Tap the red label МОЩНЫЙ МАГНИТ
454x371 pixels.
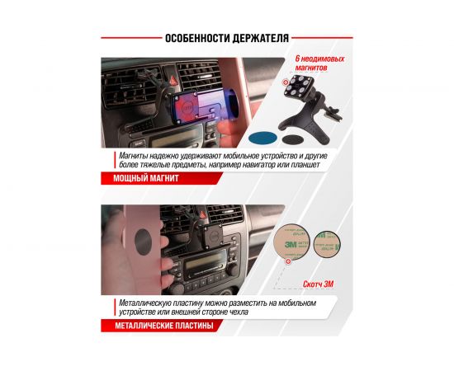pyautogui.click(x=146, y=178)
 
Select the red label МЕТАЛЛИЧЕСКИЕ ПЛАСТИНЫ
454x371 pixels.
pyautogui.click(x=164, y=326)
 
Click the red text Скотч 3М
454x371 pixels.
pyautogui.click(x=318, y=284)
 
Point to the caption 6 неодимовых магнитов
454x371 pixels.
pyautogui.click(x=319, y=63)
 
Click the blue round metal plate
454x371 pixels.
pyautogui.click(x=262, y=139)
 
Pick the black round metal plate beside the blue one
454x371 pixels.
pyautogui.click(x=293, y=139)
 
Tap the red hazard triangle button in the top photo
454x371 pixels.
pyautogui.click(x=173, y=80)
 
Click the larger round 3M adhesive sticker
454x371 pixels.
pyautogui.click(x=291, y=242)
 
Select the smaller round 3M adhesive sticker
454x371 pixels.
pyautogui.click(x=327, y=244)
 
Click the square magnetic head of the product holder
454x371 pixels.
pyautogui.click(x=296, y=86)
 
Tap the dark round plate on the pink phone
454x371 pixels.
pyautogui.click(x=144, y=242)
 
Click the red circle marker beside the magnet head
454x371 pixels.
pyautogui.click(x=286, y=82)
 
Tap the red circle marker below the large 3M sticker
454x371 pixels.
pyautogui.click(x=288, y=261)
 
